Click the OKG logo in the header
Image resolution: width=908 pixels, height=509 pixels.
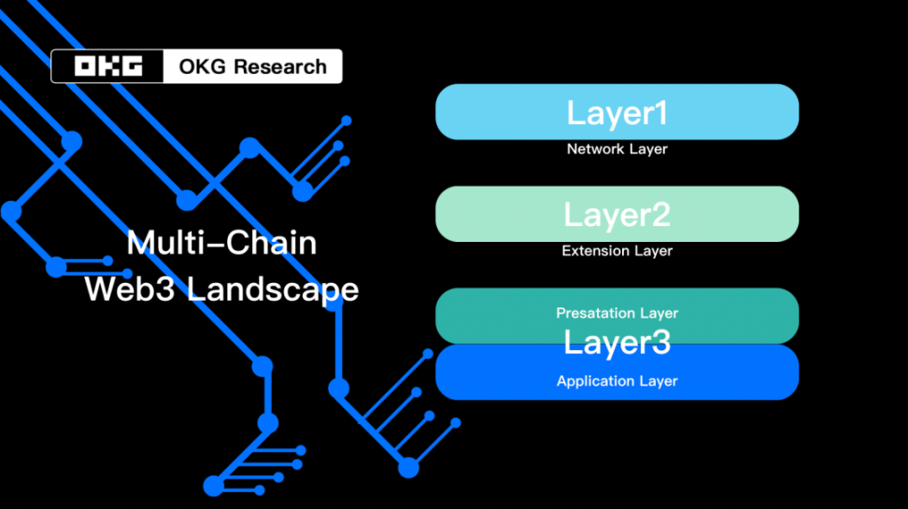[109, 66]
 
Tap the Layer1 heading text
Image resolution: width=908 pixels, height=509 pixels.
[617, 113]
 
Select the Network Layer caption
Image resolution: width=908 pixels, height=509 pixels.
[617, 148]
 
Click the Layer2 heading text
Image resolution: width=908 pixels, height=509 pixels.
[617, 215]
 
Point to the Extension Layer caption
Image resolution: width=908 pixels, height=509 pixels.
[617, 250]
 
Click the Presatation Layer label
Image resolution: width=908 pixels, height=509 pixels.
[617, 313]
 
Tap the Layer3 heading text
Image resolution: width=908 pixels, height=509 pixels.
[617, 343]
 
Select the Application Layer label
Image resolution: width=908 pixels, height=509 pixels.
[617, 381]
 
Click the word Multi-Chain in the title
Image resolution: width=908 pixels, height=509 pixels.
[221, 244]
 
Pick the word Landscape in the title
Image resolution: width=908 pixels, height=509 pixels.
[272, 290]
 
